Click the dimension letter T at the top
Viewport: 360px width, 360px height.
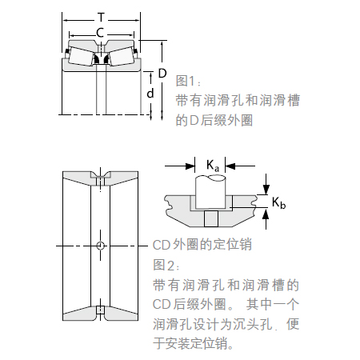coord(101,18)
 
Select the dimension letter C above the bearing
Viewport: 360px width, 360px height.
coord(100,33)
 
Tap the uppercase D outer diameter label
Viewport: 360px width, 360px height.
coord(162,73)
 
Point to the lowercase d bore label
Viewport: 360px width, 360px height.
coord(150,93)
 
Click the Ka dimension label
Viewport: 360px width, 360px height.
coord(213,166)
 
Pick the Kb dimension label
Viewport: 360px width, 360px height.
coord(278,202)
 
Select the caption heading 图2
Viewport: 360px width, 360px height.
coord(166,265)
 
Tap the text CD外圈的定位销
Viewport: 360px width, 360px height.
coord(202,245)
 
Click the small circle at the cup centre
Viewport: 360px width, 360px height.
coord(100,245)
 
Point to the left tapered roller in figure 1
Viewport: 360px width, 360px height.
coord(81,56)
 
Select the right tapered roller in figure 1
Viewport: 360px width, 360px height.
coord(122,56)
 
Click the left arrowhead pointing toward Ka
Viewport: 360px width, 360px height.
coord(190,166)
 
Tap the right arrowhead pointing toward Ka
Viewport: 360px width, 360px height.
coord(230,166)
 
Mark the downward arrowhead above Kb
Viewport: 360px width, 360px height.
coord(266,190)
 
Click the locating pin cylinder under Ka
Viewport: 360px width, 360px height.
coord(210,192)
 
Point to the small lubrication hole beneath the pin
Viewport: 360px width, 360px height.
coord(211,218)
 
